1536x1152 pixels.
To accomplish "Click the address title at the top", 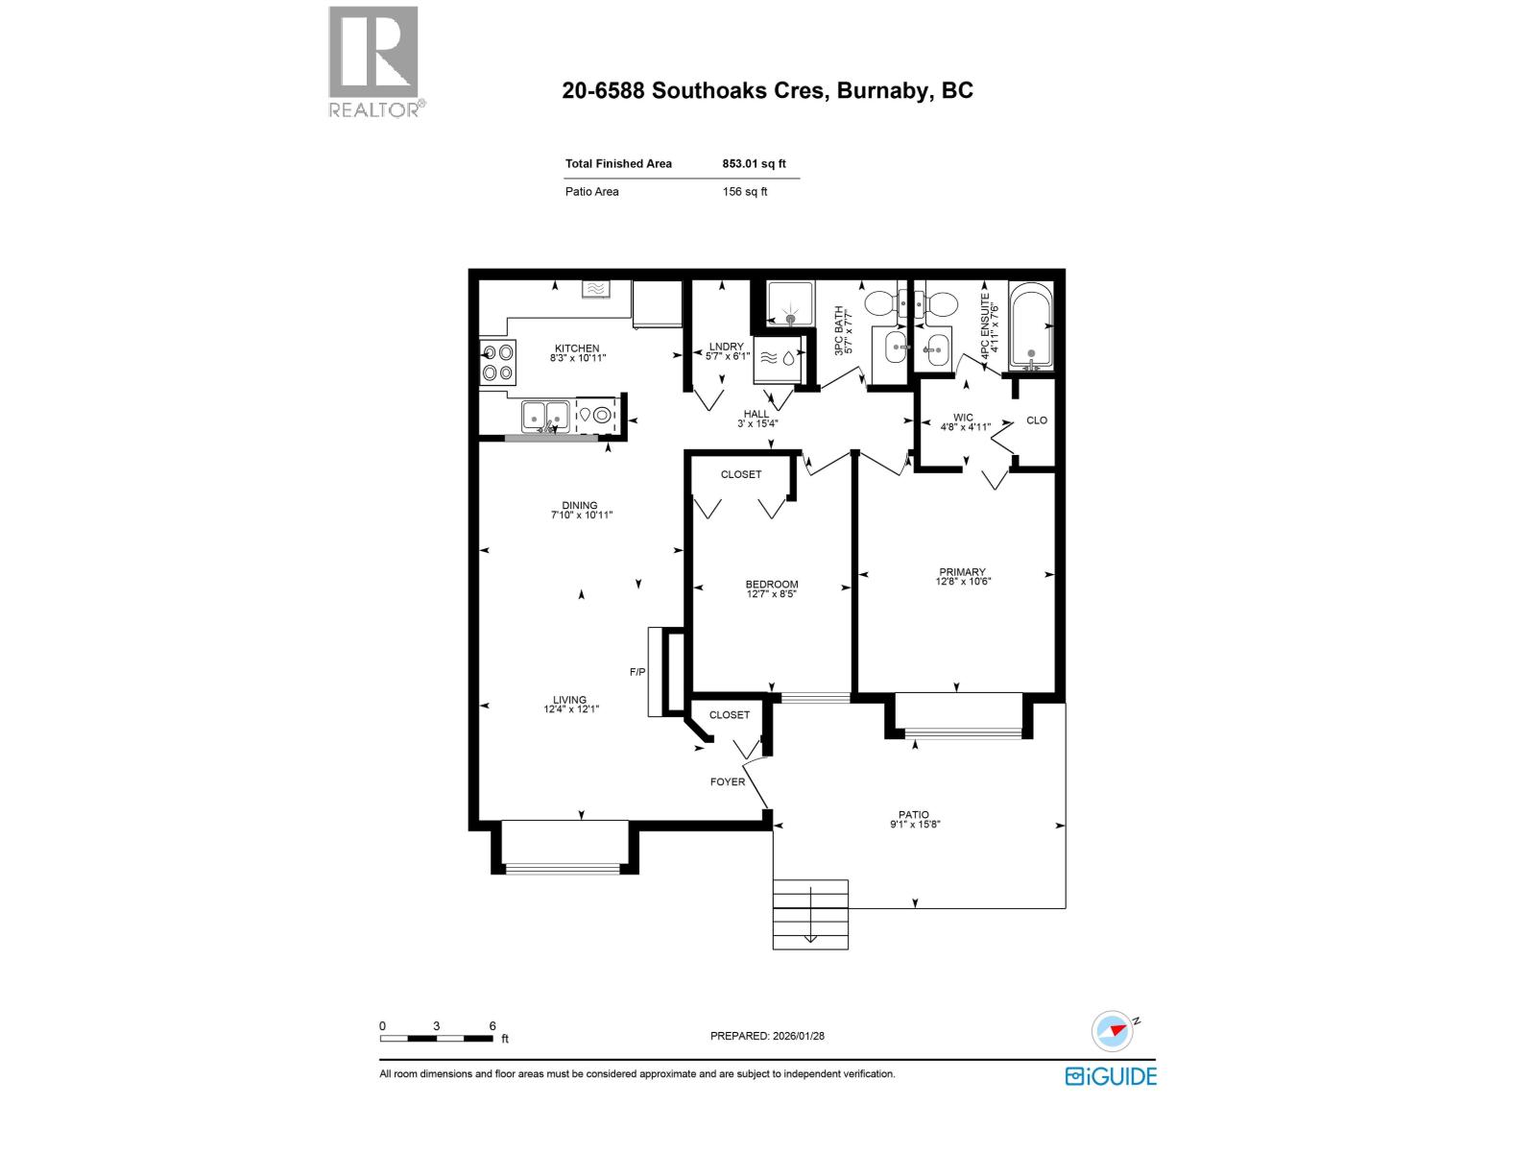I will coord(767,90).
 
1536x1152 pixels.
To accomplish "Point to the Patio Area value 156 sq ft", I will coord(744,192).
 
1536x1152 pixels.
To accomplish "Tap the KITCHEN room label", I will coord(577,348).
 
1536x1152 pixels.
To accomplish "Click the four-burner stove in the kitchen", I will coord(497,363).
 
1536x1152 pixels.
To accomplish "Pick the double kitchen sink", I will coord(544,416).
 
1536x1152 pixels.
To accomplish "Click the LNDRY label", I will coord(727,347).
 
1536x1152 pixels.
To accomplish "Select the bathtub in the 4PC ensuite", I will coord(1031,326).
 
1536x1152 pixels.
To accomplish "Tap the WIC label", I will coord(963,419).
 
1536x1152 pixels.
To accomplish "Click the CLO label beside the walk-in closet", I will coord(1037,420).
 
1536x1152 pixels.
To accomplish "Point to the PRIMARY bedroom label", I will coord(963,572).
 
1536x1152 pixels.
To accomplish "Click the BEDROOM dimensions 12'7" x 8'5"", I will coord(772,594).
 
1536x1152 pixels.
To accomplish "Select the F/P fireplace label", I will coord(637,672).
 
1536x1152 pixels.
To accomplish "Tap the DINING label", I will coord(580,505).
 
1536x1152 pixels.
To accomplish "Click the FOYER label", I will coord(728,781).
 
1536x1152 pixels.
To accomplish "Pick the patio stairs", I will coord(810,914).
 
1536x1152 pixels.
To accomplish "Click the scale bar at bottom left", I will coord(438,1038).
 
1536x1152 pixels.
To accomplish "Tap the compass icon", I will coord(1113,1030).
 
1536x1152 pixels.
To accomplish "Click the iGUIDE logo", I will coord(1111,1076).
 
